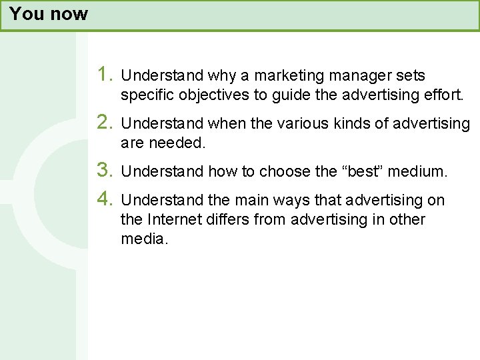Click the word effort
point(443,95)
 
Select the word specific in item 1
point(147,95)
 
